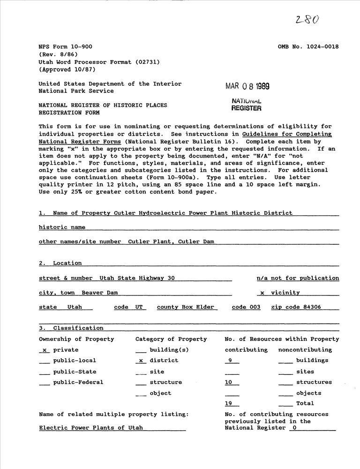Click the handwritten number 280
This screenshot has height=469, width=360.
tap(307, 19)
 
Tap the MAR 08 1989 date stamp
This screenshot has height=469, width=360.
tap(247, 86)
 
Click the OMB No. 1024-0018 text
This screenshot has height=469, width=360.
tap(308, 47)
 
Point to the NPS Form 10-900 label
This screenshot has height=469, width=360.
tap(65, 47)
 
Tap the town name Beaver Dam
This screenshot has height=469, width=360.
tap(99, 293)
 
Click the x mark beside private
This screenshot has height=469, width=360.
tap(45, 350)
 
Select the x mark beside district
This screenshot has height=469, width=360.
tap(141, 361)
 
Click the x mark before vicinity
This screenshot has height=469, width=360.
tap(262, 293)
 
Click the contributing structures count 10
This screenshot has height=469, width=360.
tap(229, 382)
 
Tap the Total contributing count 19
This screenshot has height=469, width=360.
tap(229, 403)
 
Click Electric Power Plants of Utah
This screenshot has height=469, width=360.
tap(91, 428)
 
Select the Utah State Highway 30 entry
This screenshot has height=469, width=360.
tap(137, 278)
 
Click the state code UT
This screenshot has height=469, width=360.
tap(139, 307)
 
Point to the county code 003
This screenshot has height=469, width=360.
tap(254, 307)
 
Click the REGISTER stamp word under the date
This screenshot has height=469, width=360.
tap(246, 108)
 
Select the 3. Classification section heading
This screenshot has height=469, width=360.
tap(71, 328)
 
